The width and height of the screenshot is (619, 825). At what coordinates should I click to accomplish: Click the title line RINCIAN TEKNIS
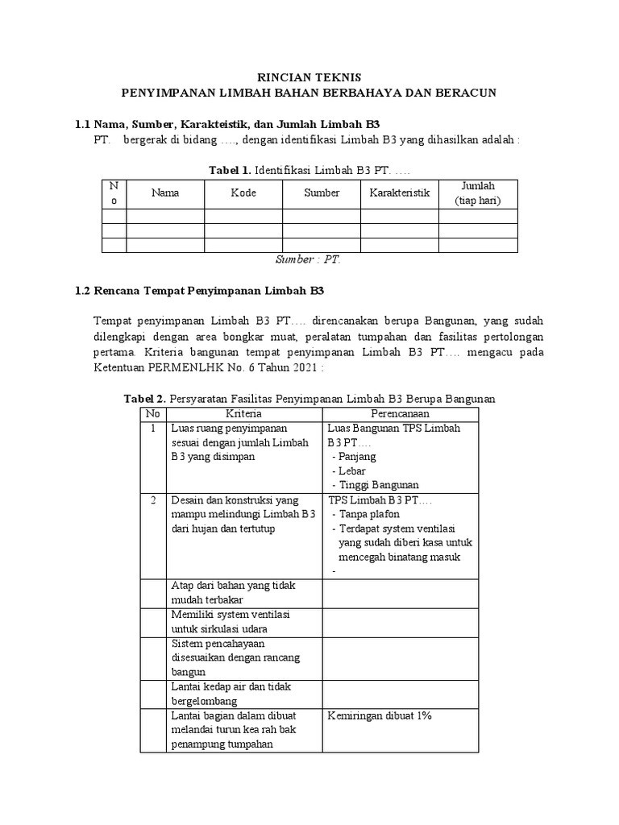[x=309, y=77]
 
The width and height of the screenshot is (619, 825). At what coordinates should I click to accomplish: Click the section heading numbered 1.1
[x=226, y=125]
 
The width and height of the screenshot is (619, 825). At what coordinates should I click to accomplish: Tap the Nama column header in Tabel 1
[x=165, y=193]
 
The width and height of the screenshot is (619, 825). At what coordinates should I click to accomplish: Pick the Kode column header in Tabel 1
[x=243, y=193]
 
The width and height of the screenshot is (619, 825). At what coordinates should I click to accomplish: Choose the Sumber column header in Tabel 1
[x=322, y=193]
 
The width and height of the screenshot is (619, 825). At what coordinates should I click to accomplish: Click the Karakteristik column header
[x=400, y=193]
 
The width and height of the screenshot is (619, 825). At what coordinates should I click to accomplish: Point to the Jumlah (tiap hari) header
[x=477, y=193]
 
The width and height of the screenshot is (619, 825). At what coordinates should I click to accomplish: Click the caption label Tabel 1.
[x=230, y=171]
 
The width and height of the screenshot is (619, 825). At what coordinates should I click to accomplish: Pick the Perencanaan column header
[x=400, y=413]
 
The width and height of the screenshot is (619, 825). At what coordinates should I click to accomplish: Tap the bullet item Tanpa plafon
[x=370, y=513]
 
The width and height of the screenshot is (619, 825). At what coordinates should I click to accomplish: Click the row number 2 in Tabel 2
[x=152, y=500]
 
